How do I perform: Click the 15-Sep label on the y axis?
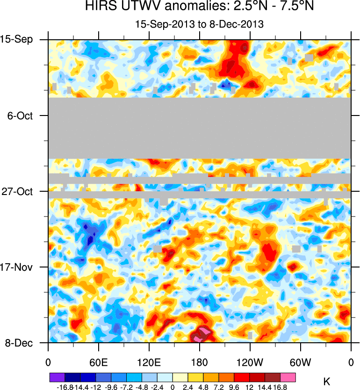pos(19,39)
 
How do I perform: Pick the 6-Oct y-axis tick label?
pos(21,116)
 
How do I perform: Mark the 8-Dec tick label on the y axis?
pos(19,343)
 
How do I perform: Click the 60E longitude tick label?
pos(99,362)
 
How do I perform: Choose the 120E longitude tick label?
pos(149,362)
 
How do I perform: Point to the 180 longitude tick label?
pos(200,362)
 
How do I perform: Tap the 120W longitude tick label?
pos(250,362)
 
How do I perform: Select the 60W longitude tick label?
pos(301,362)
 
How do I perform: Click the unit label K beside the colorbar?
pos(327,382)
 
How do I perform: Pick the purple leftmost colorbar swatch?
pos(57,377)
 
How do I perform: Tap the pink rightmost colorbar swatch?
pos(288,377)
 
